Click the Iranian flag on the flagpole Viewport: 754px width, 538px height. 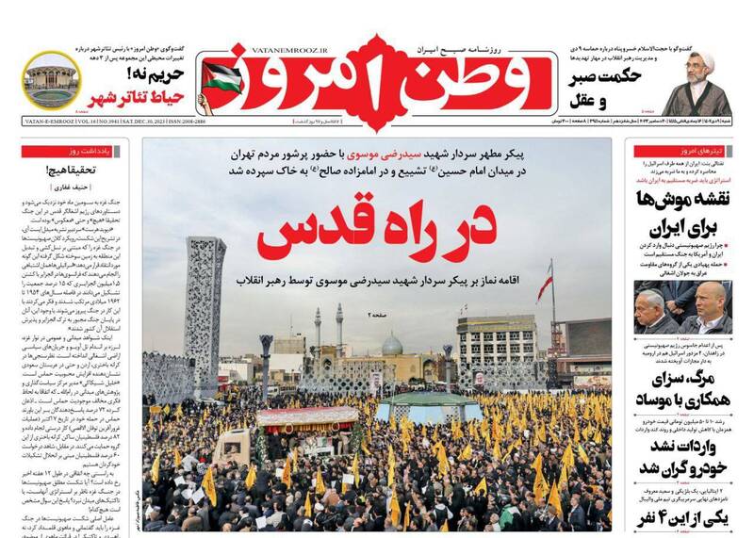(x=545, y=282)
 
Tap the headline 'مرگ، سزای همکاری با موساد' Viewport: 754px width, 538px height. (x=674, y=393)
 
